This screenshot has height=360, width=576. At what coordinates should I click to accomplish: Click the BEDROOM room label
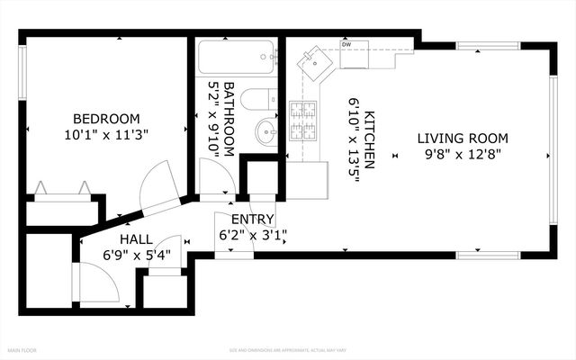click(x=106, y=119)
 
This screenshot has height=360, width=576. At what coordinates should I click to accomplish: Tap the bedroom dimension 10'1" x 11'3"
click(x=106, y=134)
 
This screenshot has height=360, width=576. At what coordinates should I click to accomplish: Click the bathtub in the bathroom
click(x=237, y=61)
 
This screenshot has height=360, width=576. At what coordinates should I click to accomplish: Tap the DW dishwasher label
click(x=346, y=44)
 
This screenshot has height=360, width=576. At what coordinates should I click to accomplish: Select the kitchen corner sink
click(x=315, y=63)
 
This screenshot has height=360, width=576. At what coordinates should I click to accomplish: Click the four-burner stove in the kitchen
click(x=302, y=121)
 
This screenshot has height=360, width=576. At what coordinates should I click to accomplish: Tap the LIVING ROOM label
click(x=463, y=139)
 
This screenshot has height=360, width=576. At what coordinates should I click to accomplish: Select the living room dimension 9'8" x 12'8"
click(x=463, y=154)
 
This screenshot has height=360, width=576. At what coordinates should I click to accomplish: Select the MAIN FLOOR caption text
click(x=22, y=349)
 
